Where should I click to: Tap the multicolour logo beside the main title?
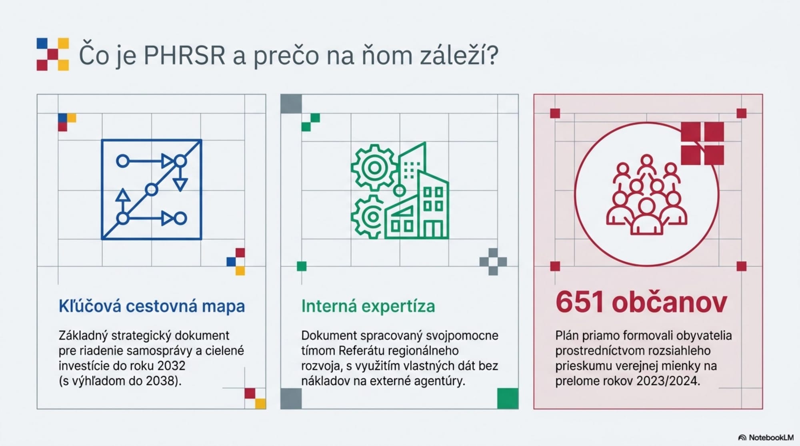tap(53, 54)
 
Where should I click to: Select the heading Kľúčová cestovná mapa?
tap(152, 306)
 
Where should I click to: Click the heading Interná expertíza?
tap(368, 306)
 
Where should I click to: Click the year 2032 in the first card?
tap(171, 366)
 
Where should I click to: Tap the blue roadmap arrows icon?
tap(152, 189)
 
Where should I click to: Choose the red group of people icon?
tap(646, 195)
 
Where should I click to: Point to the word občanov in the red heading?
tap(669, 302)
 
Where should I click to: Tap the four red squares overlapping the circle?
tap(702, 143)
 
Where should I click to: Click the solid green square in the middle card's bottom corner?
tap(508, 398)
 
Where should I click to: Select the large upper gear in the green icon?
tap(374, 167)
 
